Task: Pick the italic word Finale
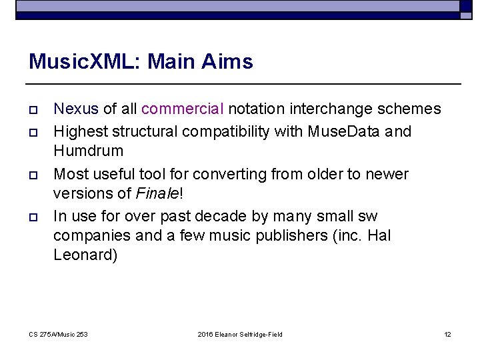coord(157,194)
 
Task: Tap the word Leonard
coord(85,255)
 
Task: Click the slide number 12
coord(447,334)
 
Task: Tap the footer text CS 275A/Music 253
coord(59,334)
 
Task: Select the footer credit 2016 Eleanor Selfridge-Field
coord(240,334)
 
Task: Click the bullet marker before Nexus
coord(33,109)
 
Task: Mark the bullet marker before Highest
coord(33,132)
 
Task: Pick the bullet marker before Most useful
coord(33,175)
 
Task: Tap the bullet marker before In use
coord(33,216)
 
